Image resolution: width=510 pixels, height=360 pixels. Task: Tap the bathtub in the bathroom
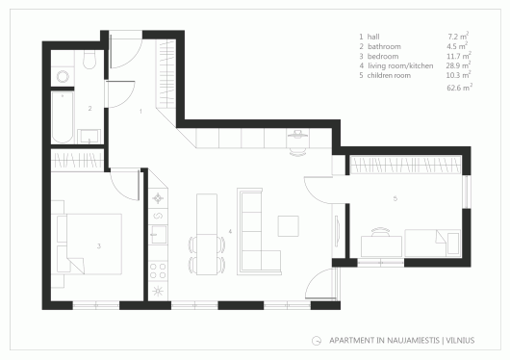(x=63, y=116)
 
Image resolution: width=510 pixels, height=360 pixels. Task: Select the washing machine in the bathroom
(x=63, y=77)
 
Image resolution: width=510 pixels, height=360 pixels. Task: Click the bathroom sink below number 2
(x=89, y=137)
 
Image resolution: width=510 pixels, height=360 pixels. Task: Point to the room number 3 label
(x=99, y=246)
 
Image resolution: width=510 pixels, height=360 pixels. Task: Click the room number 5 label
(x=395, y=198)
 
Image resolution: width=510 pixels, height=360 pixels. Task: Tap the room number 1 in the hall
(x=140, y=112)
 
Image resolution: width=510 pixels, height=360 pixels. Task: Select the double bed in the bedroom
(x=89, y=244)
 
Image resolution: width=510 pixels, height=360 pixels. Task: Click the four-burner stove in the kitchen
(x=158, y=270)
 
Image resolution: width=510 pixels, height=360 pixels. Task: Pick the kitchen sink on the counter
(x=159, y=234)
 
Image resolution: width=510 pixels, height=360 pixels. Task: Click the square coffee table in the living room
(x=288, y=226)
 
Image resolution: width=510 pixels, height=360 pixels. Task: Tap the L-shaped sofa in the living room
(x=259, y=231)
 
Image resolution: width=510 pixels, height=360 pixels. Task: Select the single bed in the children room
(x=433, y=243)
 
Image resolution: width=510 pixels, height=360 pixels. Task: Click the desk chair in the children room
(x=380, y=232)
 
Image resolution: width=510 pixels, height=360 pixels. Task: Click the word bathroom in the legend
(x=384, y=46)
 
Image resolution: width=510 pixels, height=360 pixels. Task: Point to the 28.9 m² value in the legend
(x=458, y=65)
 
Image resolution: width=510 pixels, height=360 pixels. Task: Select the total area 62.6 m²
(x=460, y=88)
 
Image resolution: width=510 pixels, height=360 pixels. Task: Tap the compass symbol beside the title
(x=317, y=341)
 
